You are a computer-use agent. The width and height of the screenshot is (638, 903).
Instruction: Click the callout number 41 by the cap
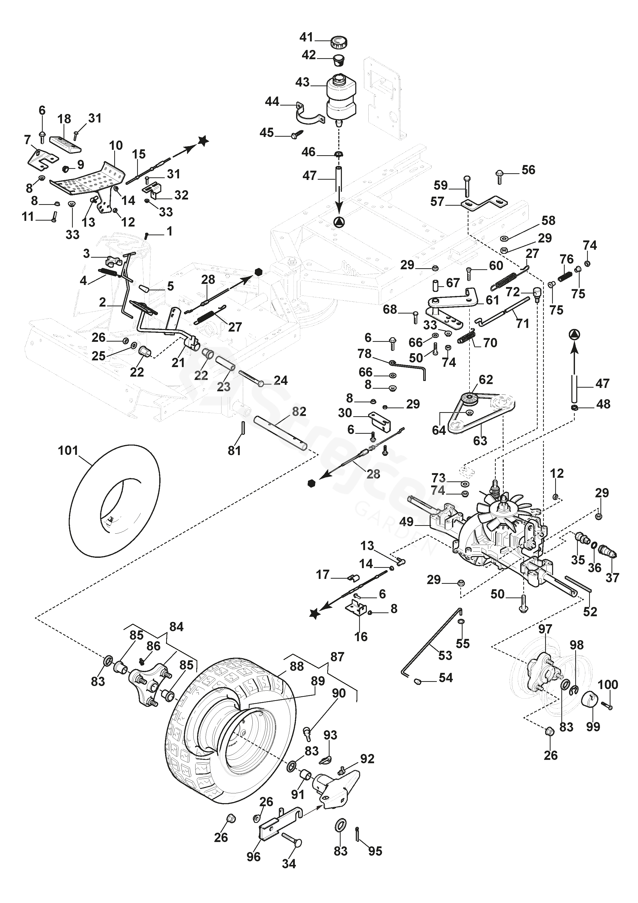[x=306, y=37]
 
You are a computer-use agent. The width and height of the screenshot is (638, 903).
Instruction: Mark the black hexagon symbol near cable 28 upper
[x=258, y=272]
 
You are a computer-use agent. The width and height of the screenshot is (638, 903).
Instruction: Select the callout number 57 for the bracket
[x=437, y=202]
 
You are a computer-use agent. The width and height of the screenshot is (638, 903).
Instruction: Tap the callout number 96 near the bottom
[x=254, y=857]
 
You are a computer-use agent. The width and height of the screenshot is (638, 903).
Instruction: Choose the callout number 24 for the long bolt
[x=281, y=380]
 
